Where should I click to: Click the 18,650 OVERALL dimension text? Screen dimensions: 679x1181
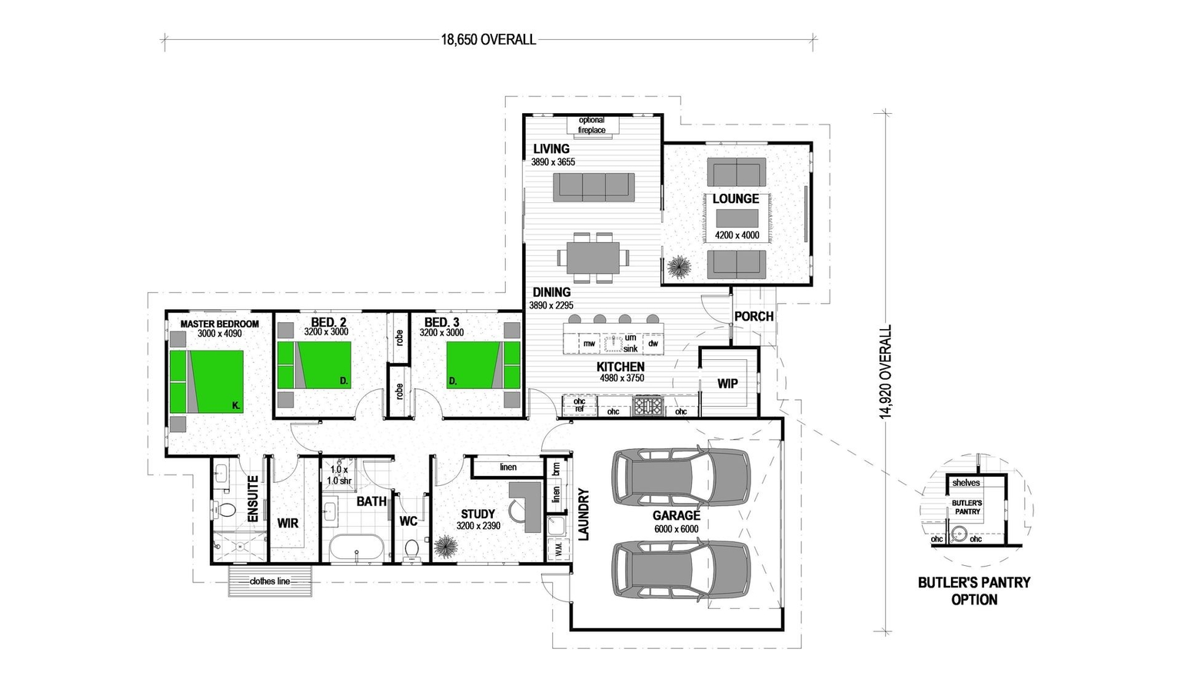tap(488, 40)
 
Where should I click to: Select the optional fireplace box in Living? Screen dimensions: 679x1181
tap(591, 125)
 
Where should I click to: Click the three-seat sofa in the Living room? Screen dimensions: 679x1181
tap(594, 187)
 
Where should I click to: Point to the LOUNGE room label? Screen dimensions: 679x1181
tap(736, 199)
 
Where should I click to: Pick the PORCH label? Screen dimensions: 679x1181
tap(754, 316)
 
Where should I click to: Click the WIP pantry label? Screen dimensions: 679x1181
tap(727, 383)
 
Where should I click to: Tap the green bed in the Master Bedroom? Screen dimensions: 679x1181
tap(206, 381)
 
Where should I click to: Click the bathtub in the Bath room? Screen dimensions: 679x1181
tap(355, 548)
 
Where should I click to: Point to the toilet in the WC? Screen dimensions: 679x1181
tap(411, 549)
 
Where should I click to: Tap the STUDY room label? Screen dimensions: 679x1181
tap(477, 514)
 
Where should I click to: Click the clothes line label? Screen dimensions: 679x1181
tap(270, 581)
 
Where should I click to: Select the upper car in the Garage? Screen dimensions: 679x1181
tap(680, 478)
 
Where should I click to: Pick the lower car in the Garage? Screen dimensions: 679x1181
tap(680, 570)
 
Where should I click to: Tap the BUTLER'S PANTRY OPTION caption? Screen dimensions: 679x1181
tap(973, 591)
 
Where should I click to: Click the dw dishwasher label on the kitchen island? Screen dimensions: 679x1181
tap(653, 344)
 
